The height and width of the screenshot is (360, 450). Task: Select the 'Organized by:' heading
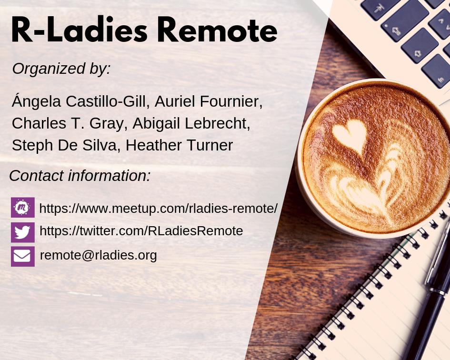61,69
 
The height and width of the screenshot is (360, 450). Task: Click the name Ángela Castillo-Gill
80,101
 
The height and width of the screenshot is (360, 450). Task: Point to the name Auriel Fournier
209,101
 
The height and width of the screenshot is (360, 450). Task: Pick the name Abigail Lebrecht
191,123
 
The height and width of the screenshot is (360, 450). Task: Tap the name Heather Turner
179,145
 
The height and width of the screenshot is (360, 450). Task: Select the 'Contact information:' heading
80,176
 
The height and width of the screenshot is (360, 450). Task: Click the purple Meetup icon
22,208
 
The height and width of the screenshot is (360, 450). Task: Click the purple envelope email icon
22,256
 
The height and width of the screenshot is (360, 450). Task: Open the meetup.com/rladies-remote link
158,208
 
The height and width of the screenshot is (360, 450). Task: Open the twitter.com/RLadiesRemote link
141,231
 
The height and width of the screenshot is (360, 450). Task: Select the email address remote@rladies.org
98,255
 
